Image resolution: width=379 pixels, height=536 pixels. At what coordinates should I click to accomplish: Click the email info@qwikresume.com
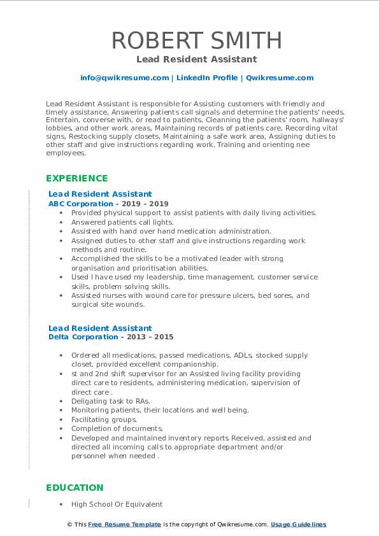click(124, 78)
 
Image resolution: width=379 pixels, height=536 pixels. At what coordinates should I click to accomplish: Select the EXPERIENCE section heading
click(77, 178)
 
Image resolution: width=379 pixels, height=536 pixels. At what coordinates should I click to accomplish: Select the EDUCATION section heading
click(75, 488)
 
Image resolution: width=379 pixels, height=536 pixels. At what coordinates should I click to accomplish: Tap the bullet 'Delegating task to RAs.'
click(111, 401)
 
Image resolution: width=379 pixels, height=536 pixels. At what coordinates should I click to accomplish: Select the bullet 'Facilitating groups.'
click(104, 420)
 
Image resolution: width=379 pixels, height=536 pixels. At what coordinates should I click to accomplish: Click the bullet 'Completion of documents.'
click(117, 428)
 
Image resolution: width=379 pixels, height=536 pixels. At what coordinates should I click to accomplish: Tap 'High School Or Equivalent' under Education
click(117, 504)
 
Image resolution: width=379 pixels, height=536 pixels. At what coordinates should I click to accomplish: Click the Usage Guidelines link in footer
click(298, 525)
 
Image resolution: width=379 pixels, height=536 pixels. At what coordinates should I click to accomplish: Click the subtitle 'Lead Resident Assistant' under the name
click(196, 59)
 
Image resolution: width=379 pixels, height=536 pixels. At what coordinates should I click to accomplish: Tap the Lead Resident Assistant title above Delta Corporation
click(100, 328)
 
